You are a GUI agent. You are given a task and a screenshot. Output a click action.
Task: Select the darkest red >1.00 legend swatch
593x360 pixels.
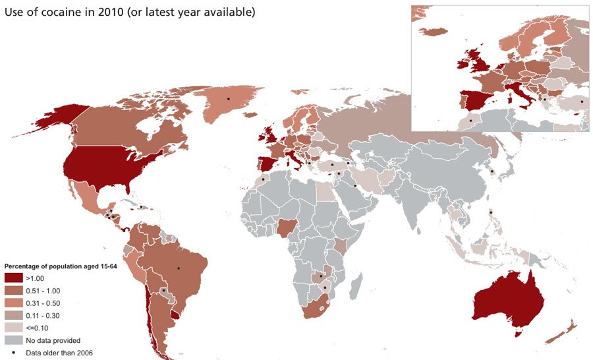(x=14, y=278)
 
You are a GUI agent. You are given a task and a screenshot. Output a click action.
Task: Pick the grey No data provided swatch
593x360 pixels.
(x=14, y=340)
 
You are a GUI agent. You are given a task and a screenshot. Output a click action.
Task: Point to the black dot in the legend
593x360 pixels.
(x=14, y=353)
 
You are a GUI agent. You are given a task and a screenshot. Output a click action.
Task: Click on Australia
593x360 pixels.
(x=507, y=303)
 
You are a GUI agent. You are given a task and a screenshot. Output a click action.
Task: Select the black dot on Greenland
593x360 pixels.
(x=228, y=98)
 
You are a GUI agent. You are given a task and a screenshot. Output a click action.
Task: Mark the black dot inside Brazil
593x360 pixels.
(x=179, y=268)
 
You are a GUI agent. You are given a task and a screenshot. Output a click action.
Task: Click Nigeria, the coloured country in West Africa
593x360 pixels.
(x=287, y=228)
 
